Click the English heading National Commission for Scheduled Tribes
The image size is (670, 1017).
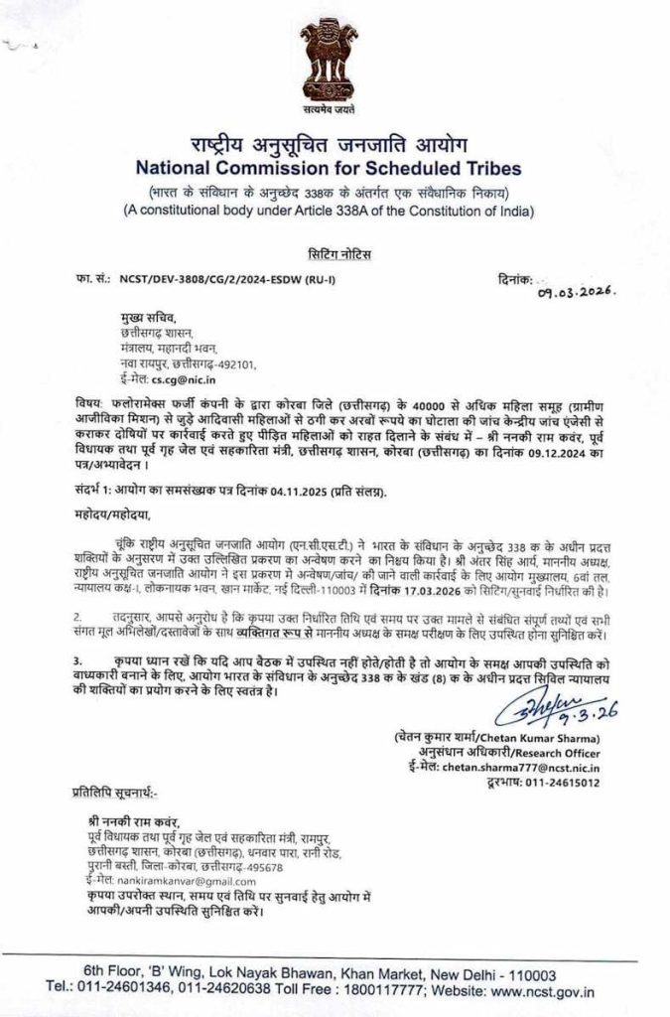335,168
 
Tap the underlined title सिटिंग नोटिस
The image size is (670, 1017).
335,255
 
